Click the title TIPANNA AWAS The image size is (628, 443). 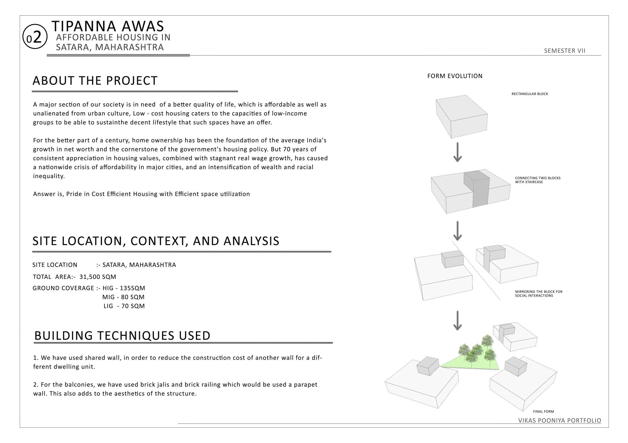(x=108, y=26)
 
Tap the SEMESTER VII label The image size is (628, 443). (x=565, y=51)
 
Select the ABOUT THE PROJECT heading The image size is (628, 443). (x=95, y=81)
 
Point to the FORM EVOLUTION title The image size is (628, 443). (x=455, y=76)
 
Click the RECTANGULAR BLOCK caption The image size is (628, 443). (x=530, y=94)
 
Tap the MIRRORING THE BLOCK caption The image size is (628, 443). (x=539, y=294)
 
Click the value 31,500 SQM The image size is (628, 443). (x=98, y=277)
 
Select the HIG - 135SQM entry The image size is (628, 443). (x=124, y=288)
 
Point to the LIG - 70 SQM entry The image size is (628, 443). (x=124, y=306)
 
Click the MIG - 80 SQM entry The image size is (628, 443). (x=123, y=297)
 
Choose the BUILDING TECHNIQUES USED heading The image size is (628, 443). (x=122, y=336)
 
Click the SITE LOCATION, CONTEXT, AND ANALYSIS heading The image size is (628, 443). (x=156, y=241)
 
